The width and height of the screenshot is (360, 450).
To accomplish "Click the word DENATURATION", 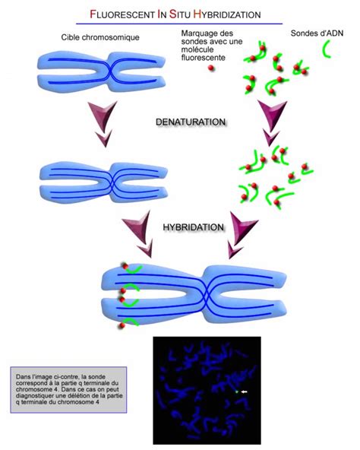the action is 191,122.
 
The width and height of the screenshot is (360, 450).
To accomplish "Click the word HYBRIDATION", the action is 193,227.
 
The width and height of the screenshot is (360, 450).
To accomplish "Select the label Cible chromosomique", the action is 100,37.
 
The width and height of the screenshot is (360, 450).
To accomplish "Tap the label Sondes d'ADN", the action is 317,33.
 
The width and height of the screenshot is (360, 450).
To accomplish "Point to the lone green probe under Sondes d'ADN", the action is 327,49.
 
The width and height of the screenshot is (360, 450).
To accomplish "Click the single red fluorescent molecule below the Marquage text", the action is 211,68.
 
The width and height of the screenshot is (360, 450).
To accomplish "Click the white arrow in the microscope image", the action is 244,391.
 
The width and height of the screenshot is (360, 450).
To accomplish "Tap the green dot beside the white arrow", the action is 237,391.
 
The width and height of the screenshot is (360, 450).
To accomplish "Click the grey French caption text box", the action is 68,390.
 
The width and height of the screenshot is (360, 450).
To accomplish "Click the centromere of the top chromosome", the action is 110,71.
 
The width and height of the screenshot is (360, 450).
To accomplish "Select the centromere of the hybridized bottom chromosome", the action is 207,295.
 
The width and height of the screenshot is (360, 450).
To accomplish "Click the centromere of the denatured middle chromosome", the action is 112,182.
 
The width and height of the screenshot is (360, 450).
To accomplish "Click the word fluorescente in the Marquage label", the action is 203,58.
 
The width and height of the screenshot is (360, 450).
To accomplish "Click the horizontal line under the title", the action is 179,24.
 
